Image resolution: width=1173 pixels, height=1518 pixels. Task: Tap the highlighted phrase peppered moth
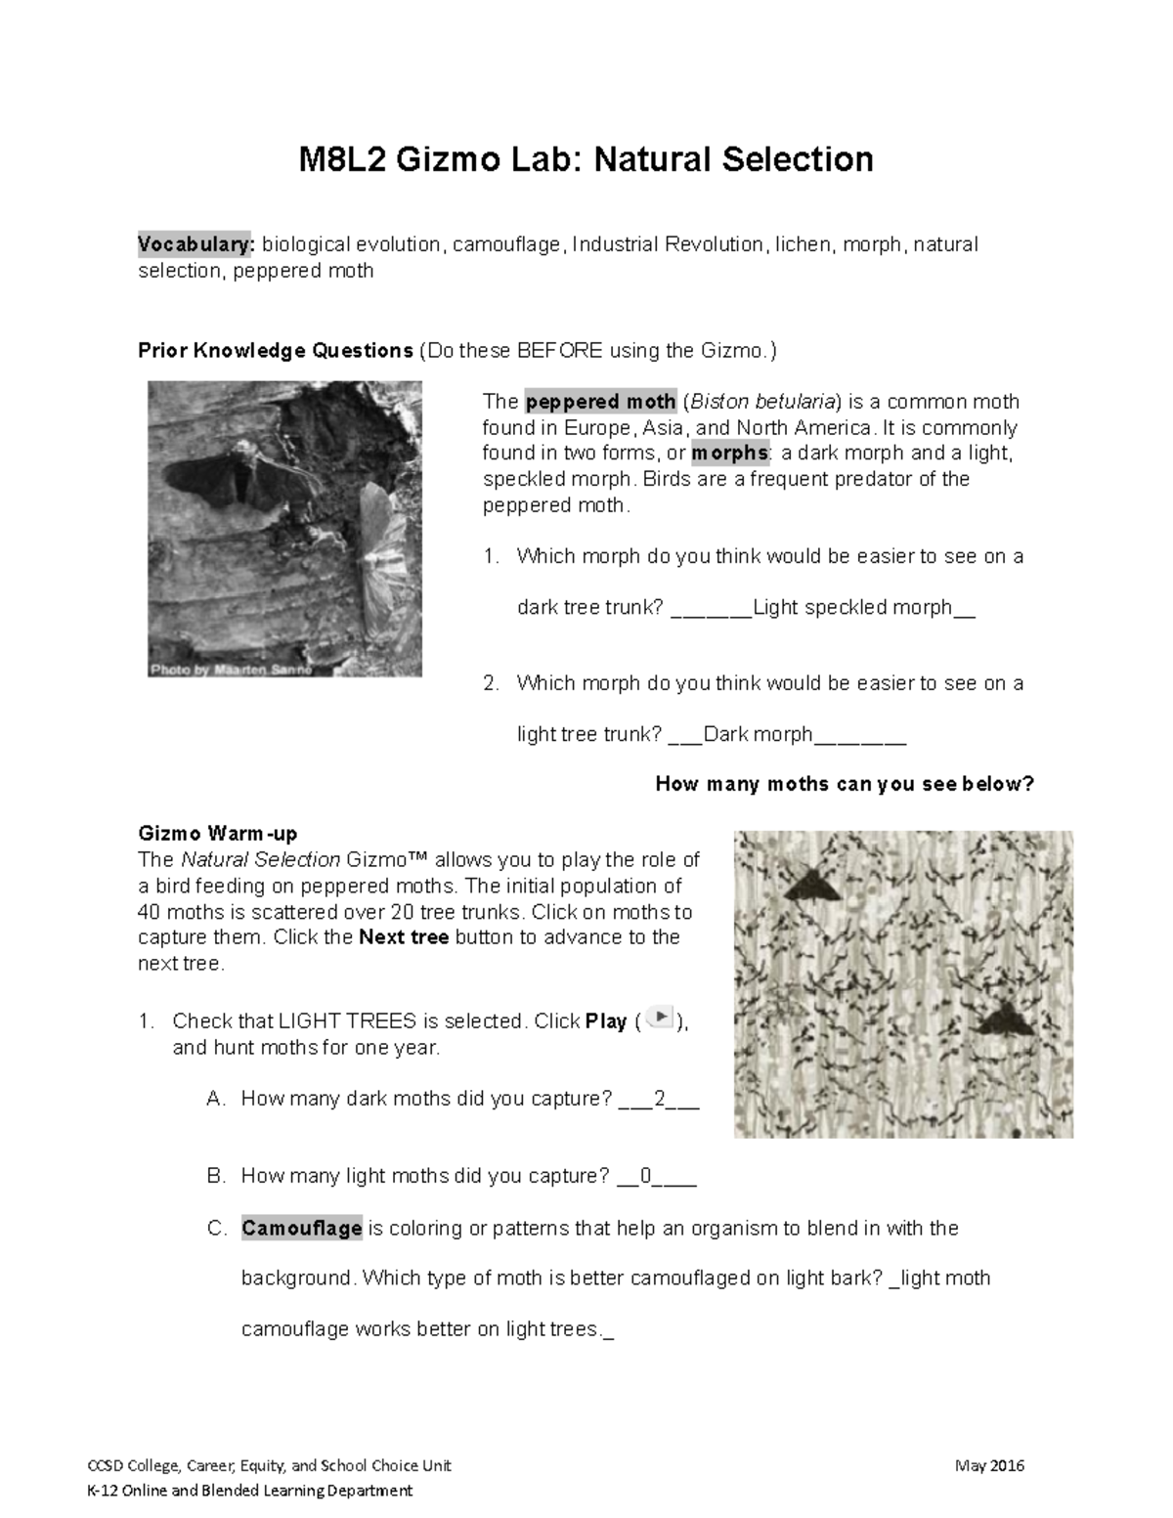601,402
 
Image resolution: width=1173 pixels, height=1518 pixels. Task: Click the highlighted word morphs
730,454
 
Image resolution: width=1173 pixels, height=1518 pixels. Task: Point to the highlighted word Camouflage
302,1228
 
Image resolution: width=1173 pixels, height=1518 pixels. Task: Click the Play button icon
661,1018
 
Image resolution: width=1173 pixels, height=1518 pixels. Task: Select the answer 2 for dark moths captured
660,1099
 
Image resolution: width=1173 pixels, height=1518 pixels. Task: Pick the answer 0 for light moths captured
645,1176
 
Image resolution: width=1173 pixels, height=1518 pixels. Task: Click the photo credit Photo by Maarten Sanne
231,670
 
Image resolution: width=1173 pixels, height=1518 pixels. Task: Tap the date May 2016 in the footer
992,1465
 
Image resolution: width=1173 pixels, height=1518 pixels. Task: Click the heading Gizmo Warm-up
218,834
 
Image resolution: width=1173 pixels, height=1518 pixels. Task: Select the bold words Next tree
404,937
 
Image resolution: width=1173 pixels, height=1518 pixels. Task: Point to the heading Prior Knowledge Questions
276,350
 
